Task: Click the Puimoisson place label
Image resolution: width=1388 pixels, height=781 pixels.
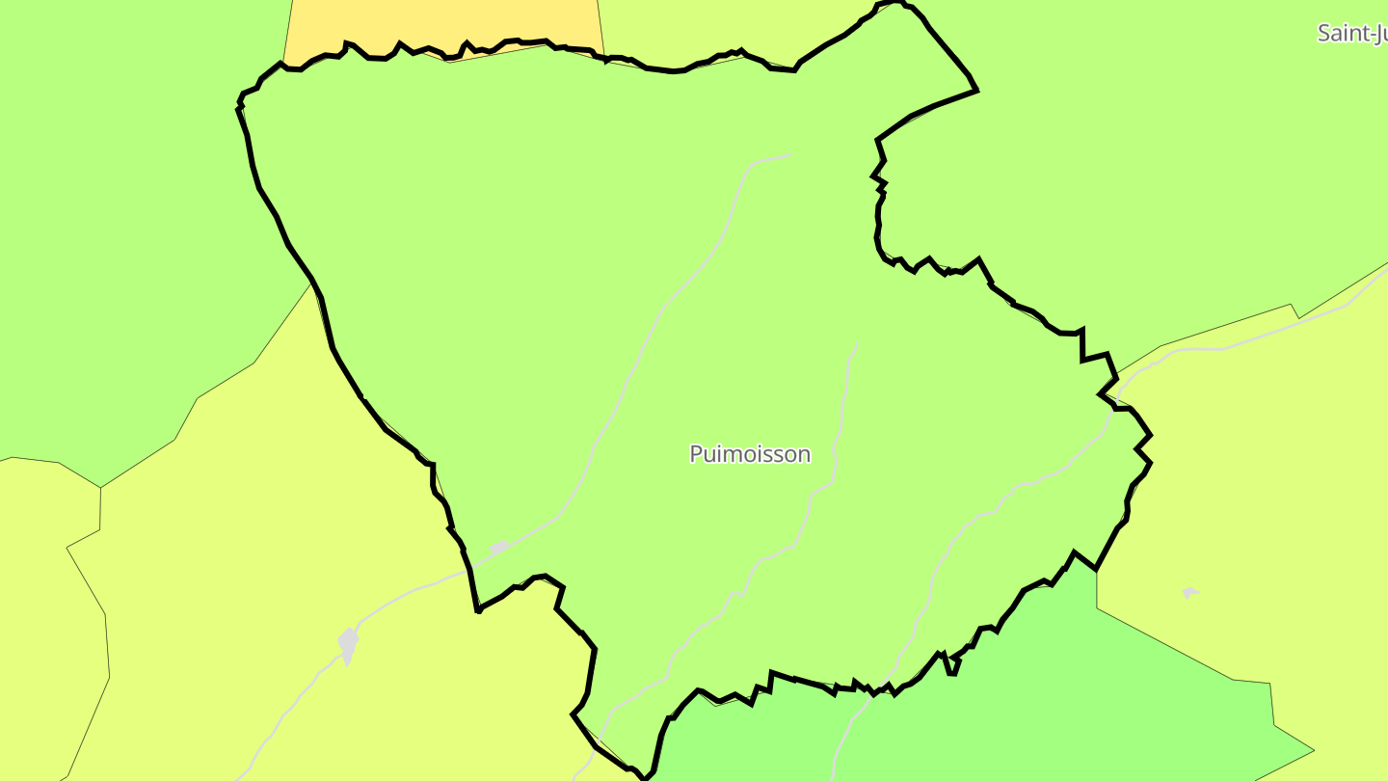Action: (x=750, y=454)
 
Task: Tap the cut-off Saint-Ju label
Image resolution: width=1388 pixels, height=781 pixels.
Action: (x=1351, y=33)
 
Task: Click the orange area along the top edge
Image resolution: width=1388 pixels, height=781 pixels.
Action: (x=443, y=23)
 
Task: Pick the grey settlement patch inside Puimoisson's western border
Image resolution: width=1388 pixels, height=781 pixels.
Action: (x=499, y=547)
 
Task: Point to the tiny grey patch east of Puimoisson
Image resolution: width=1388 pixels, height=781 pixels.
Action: (x=1190, y=592)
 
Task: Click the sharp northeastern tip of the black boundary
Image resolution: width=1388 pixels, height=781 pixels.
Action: (x=977, y=91)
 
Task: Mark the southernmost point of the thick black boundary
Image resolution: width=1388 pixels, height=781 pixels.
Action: (x=642, y=777)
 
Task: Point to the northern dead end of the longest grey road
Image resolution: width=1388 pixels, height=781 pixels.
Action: (x=789, y=155)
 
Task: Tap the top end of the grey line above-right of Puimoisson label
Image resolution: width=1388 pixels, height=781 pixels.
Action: (x=856, y=343)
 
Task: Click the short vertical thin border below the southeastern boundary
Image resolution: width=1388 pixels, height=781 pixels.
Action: (x=1097, y=589)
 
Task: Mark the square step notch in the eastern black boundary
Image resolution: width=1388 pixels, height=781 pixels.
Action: (x=1082, y=345)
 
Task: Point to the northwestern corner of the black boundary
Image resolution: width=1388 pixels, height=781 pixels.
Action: (x=240, y=98)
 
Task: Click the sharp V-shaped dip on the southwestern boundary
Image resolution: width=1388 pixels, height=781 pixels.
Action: (x=478, y=610)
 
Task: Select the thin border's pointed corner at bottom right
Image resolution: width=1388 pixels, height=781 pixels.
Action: (x=1314, y=749)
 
